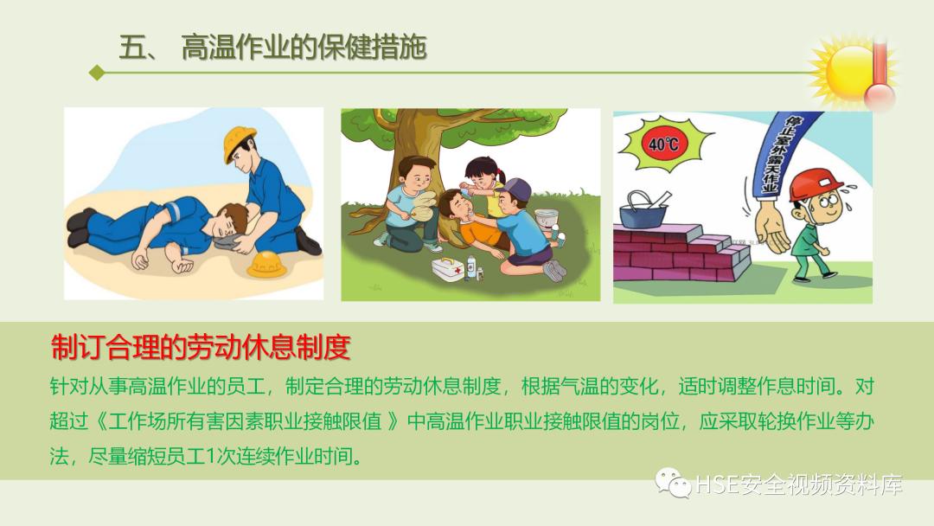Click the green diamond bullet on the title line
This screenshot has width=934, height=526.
coord(97,74)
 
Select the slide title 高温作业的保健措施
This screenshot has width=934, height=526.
coord(304,48)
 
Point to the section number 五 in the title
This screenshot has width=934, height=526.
coord(131,48)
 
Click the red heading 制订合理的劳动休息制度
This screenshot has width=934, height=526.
coord(201,348)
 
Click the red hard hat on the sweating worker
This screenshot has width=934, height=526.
coord(818,182)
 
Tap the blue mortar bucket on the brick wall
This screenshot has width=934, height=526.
coord(645,207)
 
